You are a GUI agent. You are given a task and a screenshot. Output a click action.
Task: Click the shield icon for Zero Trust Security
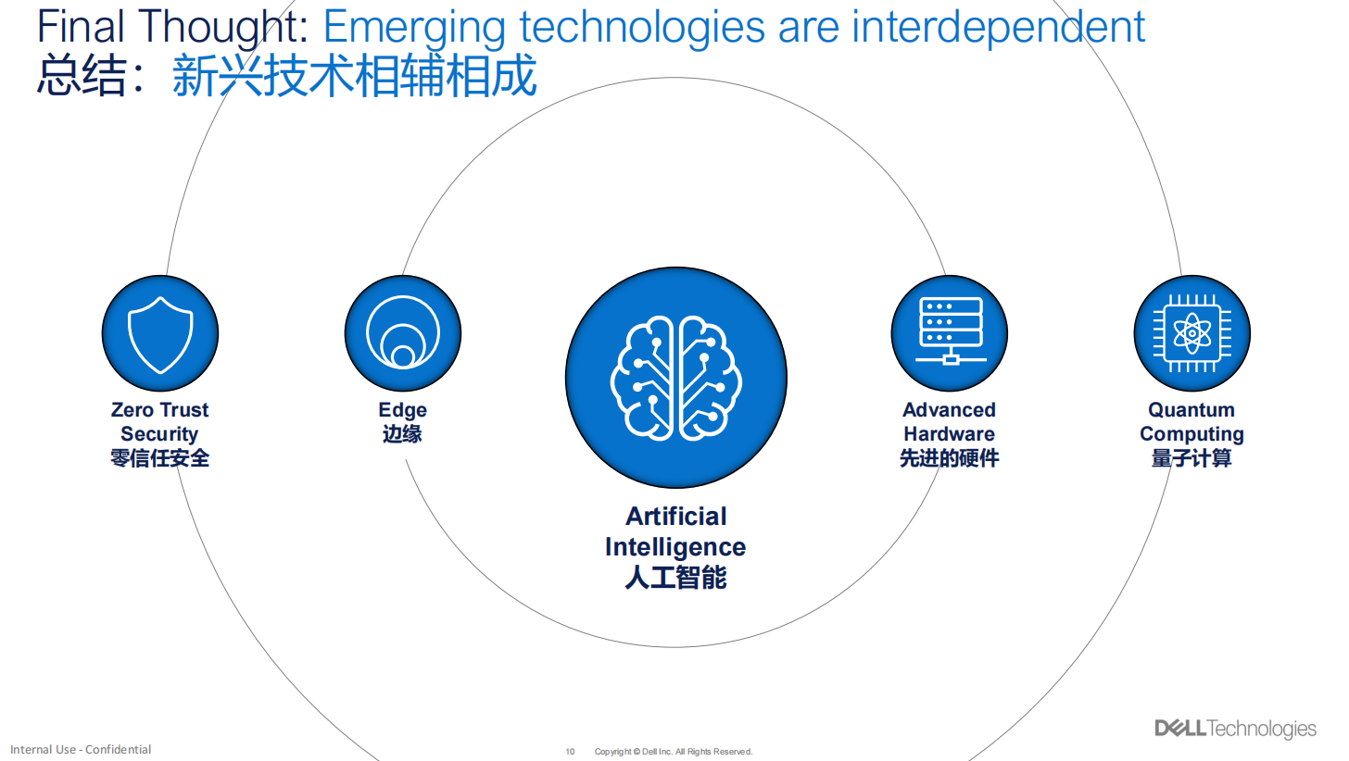(160, 334)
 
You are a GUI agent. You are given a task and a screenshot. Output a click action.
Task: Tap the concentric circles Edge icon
(403, 332)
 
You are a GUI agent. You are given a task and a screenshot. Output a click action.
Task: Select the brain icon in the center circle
(675, 378)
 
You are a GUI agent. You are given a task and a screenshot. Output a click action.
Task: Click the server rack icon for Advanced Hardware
(951, 331)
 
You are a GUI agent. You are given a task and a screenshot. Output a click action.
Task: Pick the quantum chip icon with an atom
(1191, 333)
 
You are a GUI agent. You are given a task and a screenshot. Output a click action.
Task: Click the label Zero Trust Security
(159, 422)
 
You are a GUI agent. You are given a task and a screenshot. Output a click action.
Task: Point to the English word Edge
(402, 410)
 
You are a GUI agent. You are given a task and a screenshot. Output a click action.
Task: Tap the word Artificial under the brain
(675, 517)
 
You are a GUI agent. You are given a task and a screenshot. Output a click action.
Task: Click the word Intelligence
(675, 547)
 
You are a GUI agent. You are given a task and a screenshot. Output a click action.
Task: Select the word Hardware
(949, 434)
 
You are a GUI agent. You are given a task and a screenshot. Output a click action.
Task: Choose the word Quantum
(1191, 410)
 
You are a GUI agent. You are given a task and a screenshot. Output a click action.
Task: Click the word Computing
(1191, 434)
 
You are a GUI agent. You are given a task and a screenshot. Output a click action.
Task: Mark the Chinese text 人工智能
(675, 578)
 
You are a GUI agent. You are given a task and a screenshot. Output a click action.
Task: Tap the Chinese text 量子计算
(1191, 458)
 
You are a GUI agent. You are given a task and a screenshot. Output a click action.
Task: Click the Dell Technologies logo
(1235, 729)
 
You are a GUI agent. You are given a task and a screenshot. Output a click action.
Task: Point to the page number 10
(570, 752)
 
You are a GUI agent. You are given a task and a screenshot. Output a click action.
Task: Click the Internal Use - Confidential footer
(81, 750)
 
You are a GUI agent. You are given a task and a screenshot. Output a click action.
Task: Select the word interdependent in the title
(998, 27)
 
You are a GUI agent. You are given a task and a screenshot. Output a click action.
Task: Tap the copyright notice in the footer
(674, 752)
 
